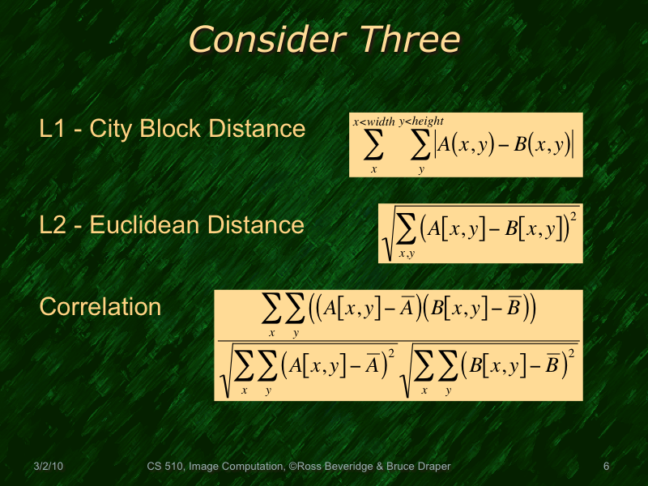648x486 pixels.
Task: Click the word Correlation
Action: tap(100, 307)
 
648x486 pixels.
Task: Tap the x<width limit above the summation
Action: tap(373, 122)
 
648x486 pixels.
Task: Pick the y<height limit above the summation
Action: tap(421, 122)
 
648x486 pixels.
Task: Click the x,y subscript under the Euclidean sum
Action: tap(407, 254)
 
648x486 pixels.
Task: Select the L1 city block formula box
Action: tap(466, 145)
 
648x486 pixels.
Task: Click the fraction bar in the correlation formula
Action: tap(398, 342)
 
